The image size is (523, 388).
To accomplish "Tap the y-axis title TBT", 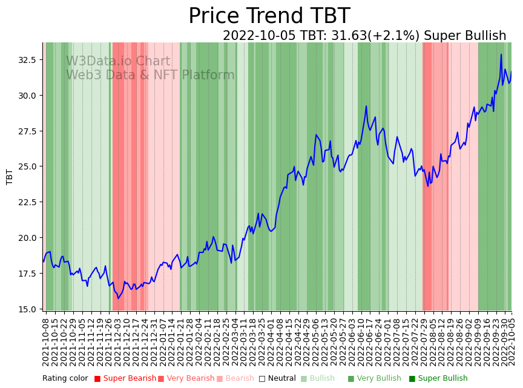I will tap(10, 176).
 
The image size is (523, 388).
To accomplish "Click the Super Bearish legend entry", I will tap(127, 378).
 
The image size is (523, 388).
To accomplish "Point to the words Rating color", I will tap(65, 378).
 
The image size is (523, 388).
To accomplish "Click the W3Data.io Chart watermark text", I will tap(118, 61).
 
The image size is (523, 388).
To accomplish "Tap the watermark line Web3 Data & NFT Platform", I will tap(150, 75).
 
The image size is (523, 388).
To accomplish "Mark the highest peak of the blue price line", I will tap(501, 54).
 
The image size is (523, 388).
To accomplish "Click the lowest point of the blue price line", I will tap(119, 298).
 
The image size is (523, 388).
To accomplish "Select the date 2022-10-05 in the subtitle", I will tap(260, 36).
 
